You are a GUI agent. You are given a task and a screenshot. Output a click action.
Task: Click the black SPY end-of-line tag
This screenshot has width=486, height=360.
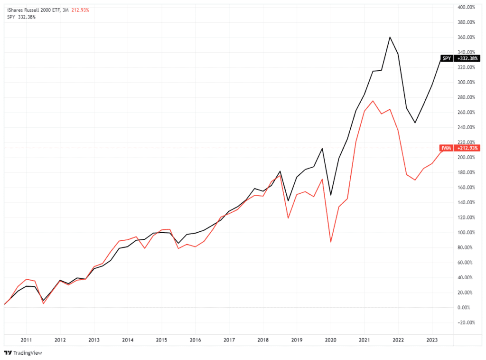[447, 58]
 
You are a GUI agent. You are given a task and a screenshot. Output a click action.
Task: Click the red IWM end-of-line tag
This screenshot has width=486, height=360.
[447, 148]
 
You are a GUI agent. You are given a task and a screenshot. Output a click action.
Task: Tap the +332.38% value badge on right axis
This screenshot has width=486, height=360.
[467, 58]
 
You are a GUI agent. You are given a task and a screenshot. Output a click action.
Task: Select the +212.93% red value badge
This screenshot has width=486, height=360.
[467, 148]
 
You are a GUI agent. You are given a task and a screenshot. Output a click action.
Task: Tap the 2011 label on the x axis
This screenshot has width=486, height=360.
[26, 340]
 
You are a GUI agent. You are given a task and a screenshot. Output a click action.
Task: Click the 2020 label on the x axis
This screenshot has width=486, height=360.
[330, 340]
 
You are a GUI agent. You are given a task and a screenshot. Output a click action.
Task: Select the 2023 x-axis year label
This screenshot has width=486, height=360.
[432, 340]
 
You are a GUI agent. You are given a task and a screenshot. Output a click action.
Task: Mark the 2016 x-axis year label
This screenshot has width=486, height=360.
[195, 340]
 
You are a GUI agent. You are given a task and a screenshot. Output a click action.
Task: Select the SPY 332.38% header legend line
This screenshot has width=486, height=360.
[21, 17]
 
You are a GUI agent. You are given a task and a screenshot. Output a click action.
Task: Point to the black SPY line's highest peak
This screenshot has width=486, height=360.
[390, 37]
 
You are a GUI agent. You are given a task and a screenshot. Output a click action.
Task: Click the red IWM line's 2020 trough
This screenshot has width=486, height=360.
[331, 242]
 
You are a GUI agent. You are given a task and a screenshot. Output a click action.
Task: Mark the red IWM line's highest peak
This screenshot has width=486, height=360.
[373, 101]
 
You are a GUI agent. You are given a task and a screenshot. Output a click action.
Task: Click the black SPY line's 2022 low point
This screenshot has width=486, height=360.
[415, 123]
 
